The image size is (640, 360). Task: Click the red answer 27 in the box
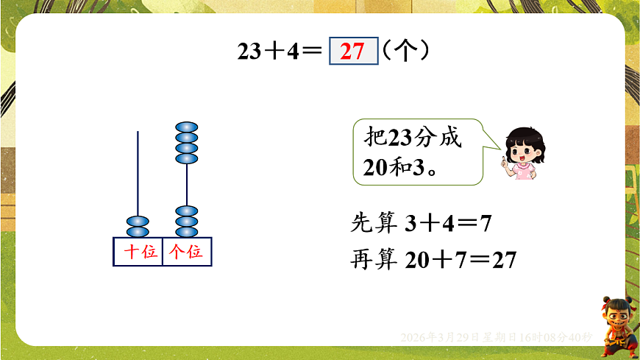[x=353, y=52]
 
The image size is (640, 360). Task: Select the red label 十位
[x=139, y=252]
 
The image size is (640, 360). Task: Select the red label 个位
[x=185, y=252]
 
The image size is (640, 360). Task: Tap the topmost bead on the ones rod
[x=187, y=127]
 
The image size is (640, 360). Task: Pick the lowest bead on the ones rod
[x=187, y=232]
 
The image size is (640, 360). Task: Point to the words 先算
[x=375, y=222]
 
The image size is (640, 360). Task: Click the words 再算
[x=375, y=260]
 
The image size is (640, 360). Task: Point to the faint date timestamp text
[x=497, y=337]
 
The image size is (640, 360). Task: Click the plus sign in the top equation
[x=276, y=52]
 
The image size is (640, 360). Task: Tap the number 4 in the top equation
[x=294, y=52]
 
